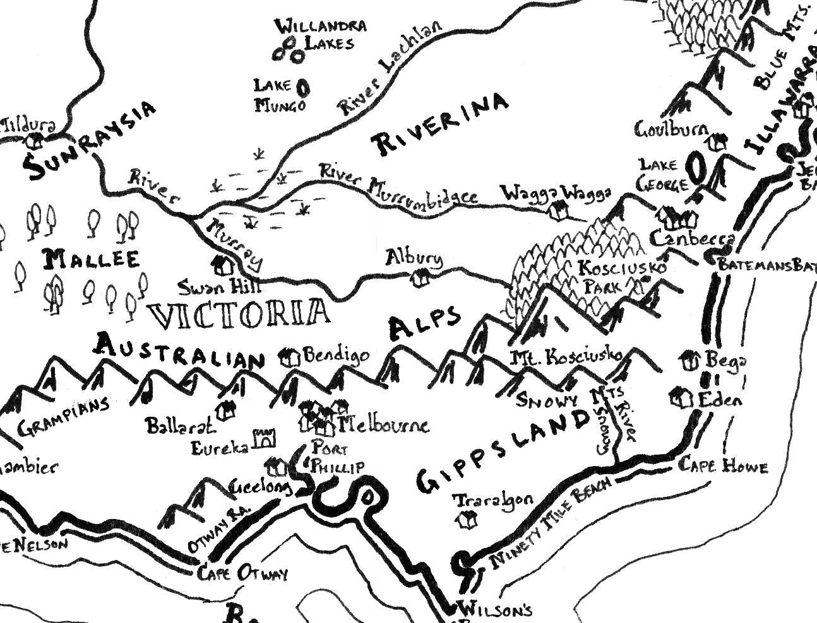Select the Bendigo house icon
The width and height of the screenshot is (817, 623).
click(290, 358)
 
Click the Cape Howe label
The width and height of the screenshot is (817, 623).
click(723, 466)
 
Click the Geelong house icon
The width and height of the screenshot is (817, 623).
click(276, 467)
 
